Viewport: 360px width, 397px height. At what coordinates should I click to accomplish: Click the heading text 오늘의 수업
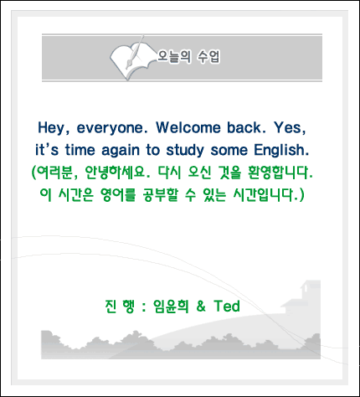point(188,57)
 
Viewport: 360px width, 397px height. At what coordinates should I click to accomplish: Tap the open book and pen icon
point(132,58)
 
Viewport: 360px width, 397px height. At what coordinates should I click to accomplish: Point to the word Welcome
point(188,127)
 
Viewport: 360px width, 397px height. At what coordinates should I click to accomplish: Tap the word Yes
point(289,128)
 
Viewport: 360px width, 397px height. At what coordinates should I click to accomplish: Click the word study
point(185,151)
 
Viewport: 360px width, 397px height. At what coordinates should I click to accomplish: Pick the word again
point(121,151)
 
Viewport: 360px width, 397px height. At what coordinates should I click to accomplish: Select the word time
point(80,150)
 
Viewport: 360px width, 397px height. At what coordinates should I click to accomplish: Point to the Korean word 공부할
point(160,194)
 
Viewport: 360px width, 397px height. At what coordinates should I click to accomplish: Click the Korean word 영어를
point(117,194)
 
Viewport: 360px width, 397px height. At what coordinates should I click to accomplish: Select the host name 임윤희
point(171,307)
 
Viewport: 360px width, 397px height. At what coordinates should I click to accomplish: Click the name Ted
point(227,307)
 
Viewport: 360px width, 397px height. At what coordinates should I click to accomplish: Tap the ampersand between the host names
point(201,307)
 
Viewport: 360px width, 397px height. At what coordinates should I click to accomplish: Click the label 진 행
point(120,307)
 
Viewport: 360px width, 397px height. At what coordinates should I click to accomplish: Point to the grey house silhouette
point(302,298)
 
